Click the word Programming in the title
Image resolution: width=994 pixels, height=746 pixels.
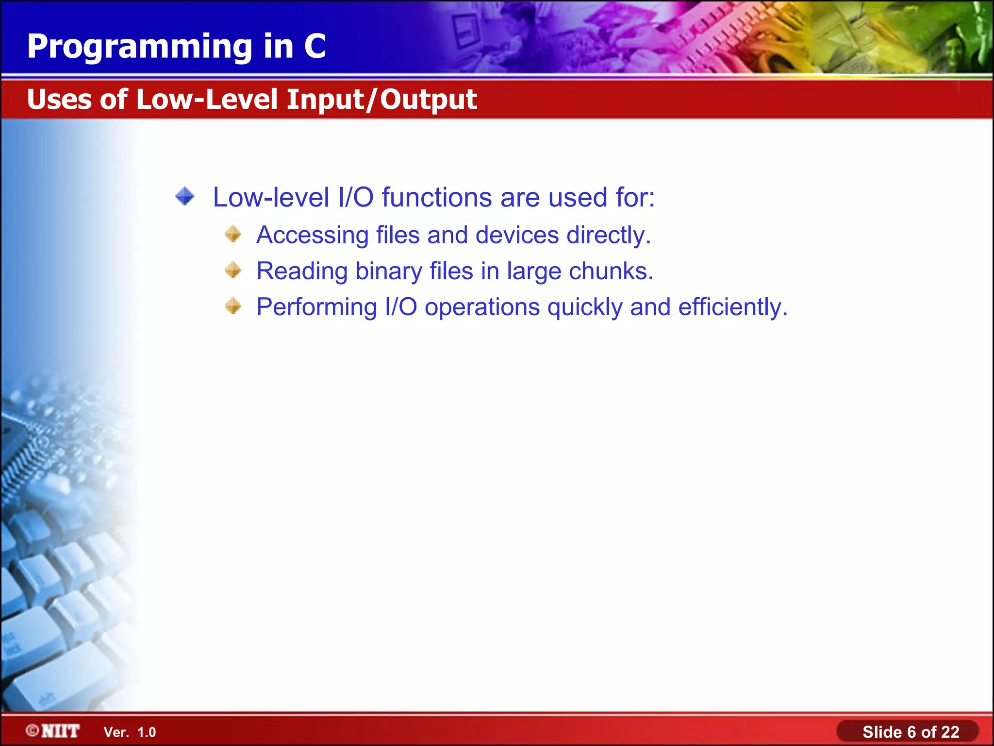[140, 47]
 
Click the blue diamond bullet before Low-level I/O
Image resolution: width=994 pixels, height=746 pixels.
[185, 197]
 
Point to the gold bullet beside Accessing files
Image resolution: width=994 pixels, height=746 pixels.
[233, 234]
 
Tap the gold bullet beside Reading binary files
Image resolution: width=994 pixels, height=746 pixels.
[233, 270]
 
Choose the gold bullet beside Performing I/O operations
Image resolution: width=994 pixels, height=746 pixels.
[233, 306]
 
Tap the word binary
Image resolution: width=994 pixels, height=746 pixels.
[389, 271]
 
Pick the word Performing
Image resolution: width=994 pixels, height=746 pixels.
[316, 307]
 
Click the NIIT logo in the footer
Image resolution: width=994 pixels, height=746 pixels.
[53, 731]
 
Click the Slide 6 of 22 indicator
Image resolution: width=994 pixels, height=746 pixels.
[911, 732]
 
